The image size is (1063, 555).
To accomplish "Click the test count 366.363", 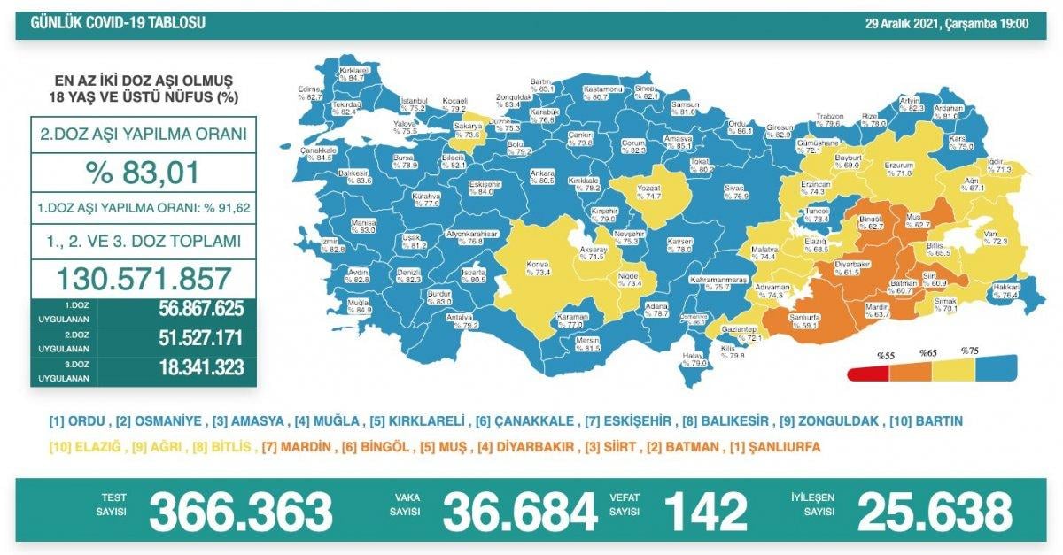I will click(x=240, y=512).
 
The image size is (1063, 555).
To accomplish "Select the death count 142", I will click(x=707, y=512).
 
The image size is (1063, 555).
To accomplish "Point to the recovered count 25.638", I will click(x=935, y=512).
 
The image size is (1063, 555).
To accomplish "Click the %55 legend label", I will click(x=886, y=355).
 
